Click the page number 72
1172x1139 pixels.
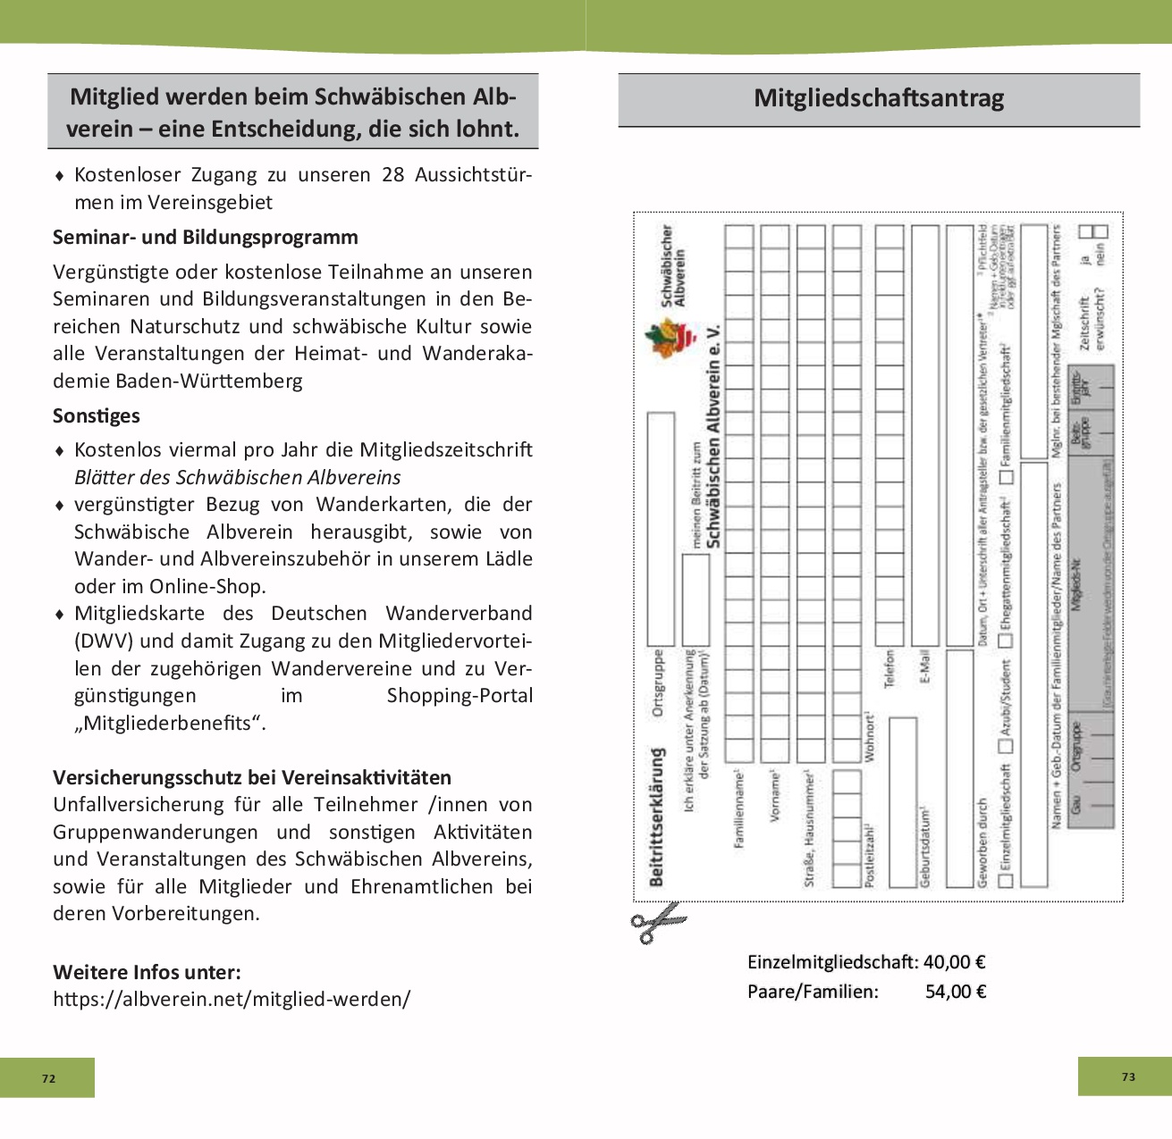(x=48, y=1078)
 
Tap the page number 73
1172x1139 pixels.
(x=1128, y=1076)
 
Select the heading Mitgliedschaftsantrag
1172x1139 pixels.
(x=879, y=98)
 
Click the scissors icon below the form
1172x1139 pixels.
(x=657, y=922)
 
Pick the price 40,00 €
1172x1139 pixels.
(x=954, y=962)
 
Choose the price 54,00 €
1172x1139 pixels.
(x=955, y=992)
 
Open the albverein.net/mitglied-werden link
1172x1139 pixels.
(x=232, y=999)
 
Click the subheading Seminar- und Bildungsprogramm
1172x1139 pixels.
(x=206, y=238)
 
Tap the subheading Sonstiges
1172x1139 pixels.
(x=97, y=416)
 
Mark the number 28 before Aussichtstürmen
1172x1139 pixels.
(x=393, y=175)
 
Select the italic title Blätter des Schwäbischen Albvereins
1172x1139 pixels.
(x=238, y=478)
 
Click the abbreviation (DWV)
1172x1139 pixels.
(x=105, y=641)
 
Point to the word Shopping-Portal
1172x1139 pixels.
(x=460, y=696)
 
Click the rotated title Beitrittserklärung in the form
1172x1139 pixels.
(x=658, y=817)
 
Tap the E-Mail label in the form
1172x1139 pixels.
(x=924, y=666)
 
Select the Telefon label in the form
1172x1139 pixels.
(x=890, y=668)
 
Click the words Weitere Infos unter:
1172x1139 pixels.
(x=147, y=973)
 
